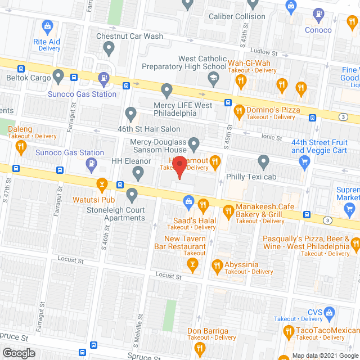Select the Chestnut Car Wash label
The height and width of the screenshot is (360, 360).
[129, 36]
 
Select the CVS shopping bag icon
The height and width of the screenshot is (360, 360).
[330, 312]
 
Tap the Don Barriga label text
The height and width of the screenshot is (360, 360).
[208, 331]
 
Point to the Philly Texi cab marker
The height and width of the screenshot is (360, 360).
[263, 163]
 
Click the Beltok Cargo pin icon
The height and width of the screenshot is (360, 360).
[58, 75]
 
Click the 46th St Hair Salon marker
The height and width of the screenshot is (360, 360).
[130, 114]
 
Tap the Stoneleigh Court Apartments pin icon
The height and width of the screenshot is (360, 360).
[132, 196]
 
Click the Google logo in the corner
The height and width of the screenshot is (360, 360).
[18, 353]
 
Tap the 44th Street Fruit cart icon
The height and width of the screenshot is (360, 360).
[305, 163]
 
